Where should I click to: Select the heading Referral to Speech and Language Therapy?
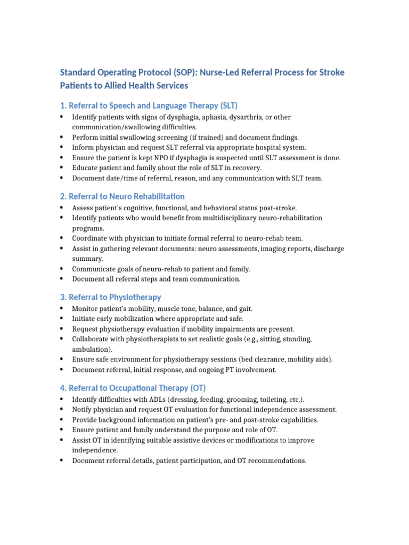(x=149, y=105)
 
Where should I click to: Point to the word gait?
(x=244, y=309)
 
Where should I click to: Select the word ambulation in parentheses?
(x=91, y=349)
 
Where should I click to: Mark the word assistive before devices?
(x=195, y=440)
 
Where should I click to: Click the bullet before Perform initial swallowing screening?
(x=62, y=137)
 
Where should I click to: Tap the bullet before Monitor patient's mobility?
(x=62, y=309)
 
